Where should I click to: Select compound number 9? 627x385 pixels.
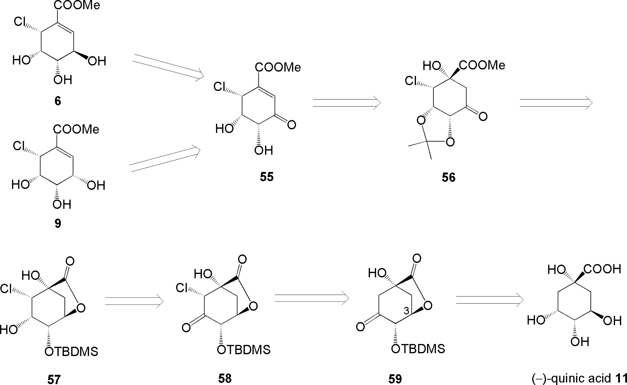coord(58,223)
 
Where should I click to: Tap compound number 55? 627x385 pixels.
coord(267,177)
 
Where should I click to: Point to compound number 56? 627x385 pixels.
coord(448,177)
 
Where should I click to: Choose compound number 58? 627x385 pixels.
coord(225,378)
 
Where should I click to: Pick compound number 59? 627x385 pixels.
coord(395,379)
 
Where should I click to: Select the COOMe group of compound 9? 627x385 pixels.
coord(76,129)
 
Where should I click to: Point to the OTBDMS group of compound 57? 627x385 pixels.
coord(71,352)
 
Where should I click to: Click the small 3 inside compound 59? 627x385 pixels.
coord(406,311)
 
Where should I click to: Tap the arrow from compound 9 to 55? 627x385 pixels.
coord(165,158)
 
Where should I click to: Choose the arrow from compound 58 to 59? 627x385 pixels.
coord(312,298)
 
